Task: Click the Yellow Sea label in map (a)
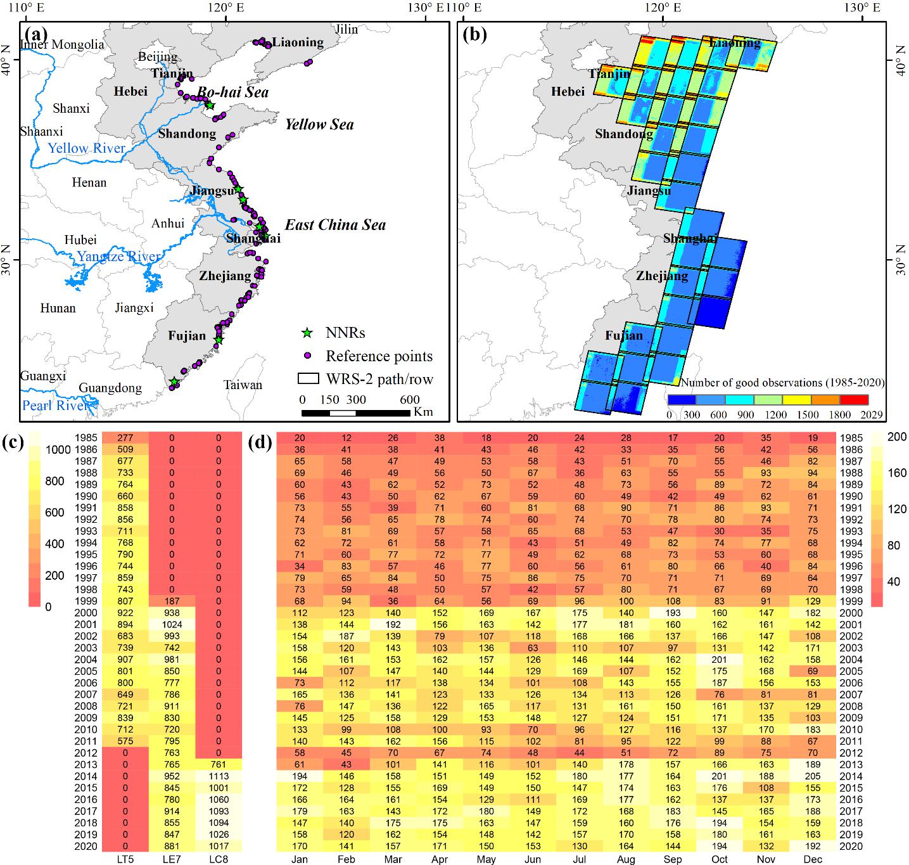click(x=319, y=124)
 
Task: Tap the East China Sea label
click(x=335, y=225)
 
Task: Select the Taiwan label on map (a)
click(x=243, y=385)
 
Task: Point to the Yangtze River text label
click(x=118, y=257)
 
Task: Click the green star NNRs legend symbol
click(x=307, y=333)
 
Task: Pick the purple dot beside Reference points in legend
click(x=307, y=356)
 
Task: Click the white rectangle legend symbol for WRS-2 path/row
click(x=308, y=379)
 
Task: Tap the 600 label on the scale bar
click(x=409, y=400)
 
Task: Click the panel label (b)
click(x=474, y=34)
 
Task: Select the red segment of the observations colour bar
click(x=853, y=400)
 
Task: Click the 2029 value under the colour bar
click(x=870, y=415)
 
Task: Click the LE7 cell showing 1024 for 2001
click(x=172, y=624)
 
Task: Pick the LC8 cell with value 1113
click(x=219, y=776)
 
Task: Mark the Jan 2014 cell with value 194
click(x=300, y=776)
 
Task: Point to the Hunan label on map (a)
click(x=58, y=309)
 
